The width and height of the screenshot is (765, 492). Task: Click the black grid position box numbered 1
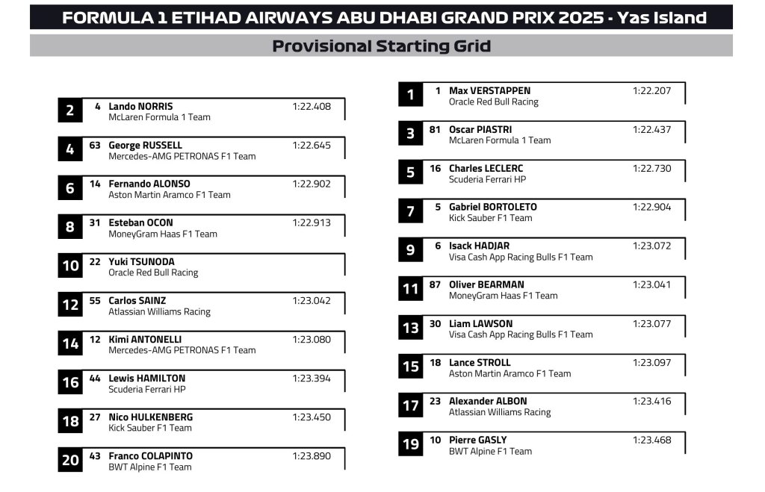410,95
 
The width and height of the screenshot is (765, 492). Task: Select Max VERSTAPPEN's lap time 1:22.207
651,91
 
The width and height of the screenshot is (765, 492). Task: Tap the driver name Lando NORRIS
140,107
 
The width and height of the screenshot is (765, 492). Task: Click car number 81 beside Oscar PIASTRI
435,130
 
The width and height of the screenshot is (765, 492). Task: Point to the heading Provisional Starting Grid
381,46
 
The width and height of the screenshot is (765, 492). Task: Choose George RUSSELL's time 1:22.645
311,146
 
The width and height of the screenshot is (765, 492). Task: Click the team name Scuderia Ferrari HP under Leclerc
487,180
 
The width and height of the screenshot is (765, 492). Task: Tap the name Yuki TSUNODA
143,262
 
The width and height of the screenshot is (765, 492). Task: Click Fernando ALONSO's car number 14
95,184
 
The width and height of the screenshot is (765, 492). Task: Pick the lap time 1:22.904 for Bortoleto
651,208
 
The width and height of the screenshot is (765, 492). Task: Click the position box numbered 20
70,460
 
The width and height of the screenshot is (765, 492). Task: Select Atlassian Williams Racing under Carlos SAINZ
159,312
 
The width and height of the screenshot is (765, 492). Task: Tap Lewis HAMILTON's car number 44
95,379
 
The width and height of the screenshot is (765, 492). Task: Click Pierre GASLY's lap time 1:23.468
651,440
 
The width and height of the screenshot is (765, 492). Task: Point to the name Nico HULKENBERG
150,417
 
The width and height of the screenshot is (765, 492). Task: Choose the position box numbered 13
410,328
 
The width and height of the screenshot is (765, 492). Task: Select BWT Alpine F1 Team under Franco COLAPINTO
149,467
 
